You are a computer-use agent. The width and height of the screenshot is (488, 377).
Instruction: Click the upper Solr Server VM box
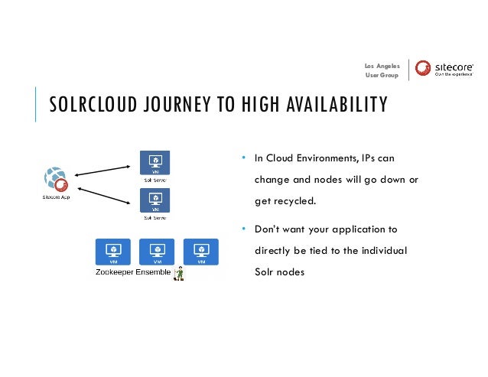coord(155,162)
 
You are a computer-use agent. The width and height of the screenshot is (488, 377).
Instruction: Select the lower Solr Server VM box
coord(155,201)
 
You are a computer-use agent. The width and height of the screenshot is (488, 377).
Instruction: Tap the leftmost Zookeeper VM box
coord(112,251)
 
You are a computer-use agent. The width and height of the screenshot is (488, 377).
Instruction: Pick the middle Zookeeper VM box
coord(157,251)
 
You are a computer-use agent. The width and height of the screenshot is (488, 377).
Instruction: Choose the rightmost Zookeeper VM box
coord(200,251)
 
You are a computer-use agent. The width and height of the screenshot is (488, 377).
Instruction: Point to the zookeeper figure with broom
coord(180,273)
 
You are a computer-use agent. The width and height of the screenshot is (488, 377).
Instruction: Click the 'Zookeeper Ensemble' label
coord(132,272)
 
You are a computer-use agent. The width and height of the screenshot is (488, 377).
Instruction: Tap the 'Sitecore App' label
coord(56,197)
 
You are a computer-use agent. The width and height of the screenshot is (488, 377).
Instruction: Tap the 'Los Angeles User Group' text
coord(382,70)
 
